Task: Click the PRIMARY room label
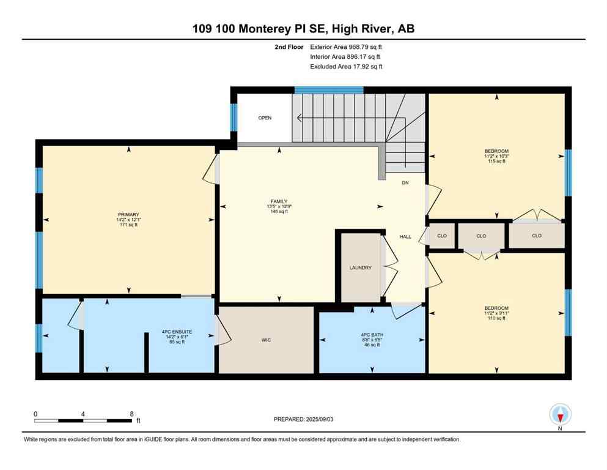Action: point(129,214)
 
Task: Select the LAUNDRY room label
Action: point(360,267)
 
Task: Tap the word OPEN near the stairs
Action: point(264,117)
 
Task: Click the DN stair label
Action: point(405,183)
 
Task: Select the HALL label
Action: point(405,236)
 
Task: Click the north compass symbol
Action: point(560,414)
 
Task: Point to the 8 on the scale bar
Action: point(131,413)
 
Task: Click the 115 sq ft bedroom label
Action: point(496,161)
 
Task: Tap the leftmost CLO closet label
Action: point(441,236)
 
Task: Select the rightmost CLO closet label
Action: point(536,236)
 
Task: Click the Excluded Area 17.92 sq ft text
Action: point(347,66)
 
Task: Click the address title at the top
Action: point(303,28)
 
